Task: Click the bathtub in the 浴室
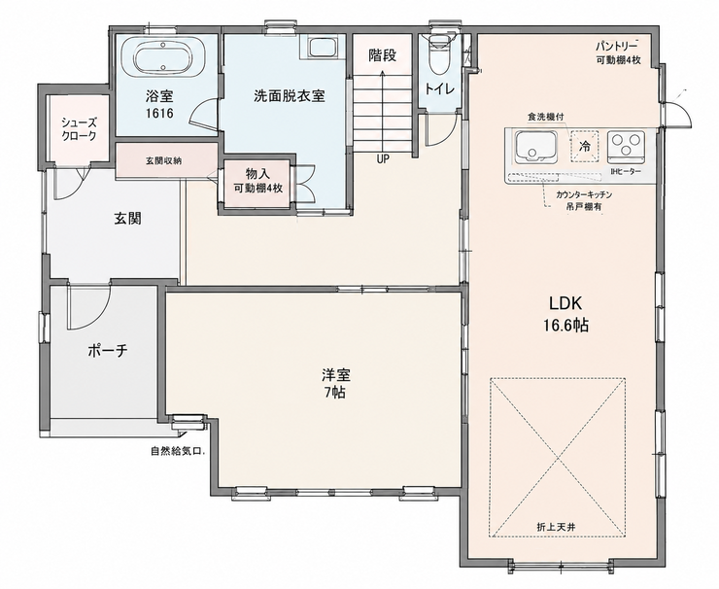(x=163, y=57)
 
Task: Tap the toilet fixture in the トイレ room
(x=439, y=55)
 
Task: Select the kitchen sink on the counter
(x=536, y=147)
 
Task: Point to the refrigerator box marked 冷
(x=585, y=147)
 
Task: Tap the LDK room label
(x=565, y=303)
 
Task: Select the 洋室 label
(x=335, y=375)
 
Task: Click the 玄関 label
(x=127, y=219)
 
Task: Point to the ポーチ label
(x=107, y=351)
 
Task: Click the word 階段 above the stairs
(x=383, y=55)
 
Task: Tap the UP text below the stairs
(x=383, y=159)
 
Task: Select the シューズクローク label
(x=80, y=129)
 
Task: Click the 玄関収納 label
(x=164, y=161)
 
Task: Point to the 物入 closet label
(x=257, y=174)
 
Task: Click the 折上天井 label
(x=556, y=527)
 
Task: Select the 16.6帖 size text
(x=566, y=326)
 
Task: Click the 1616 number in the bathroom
(x=159, y=114)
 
